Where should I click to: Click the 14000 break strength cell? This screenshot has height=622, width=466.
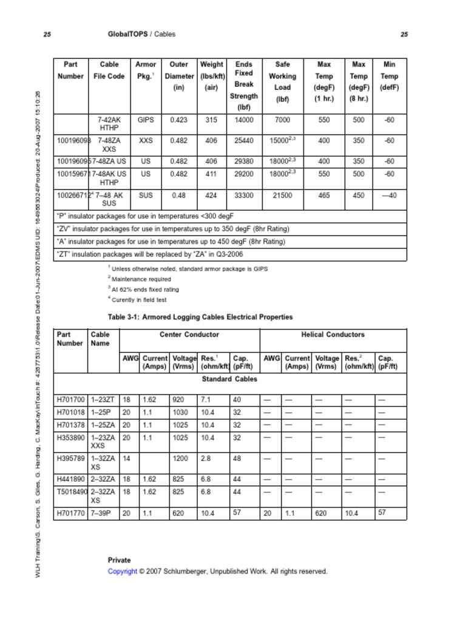click(x=244, y=120)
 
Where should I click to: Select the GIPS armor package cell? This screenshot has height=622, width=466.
click(x=146, y=120)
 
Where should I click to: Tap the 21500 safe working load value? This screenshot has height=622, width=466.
click(x=283, y=195)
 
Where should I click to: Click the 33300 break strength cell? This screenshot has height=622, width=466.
click(x=244, y=195)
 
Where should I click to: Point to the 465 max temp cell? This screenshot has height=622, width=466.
click(x=324, y=195)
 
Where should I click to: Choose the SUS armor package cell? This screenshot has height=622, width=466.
click(x=146, y=195)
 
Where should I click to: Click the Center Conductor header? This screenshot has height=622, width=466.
click(x=189, y=335)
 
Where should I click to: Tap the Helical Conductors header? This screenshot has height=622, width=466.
click(x=333, y=335)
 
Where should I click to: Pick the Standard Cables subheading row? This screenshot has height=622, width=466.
click(x=229, y=379)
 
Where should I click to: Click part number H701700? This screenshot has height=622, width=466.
click(x=70, y=400)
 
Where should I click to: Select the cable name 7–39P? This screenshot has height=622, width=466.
click(x=102, y=513)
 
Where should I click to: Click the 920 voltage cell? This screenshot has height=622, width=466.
click(x=180, y=400)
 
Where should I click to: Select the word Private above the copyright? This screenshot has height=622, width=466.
click(x=119, y=560)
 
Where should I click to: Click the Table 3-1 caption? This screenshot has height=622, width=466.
click(x=200, y=317)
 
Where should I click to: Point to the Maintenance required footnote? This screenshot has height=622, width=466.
click(x=140, y=279)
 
